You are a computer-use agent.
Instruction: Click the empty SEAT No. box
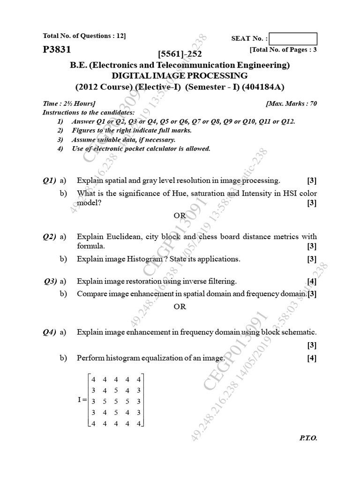click(x=293, y=38)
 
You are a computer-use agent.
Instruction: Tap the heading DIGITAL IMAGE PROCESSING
click(x=180, y=75)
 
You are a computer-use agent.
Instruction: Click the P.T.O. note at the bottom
click(x=308, y=438)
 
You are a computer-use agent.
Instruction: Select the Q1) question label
click(x=49, y=180)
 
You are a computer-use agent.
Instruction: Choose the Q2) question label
click(x=49, y=237)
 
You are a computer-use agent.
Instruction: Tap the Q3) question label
click(x=50, y=281)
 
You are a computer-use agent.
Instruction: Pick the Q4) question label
click(x=49, y=332)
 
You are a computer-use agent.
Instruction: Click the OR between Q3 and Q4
click(x=180, y=307)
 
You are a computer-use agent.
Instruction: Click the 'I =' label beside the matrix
click(x=82, y=401)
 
